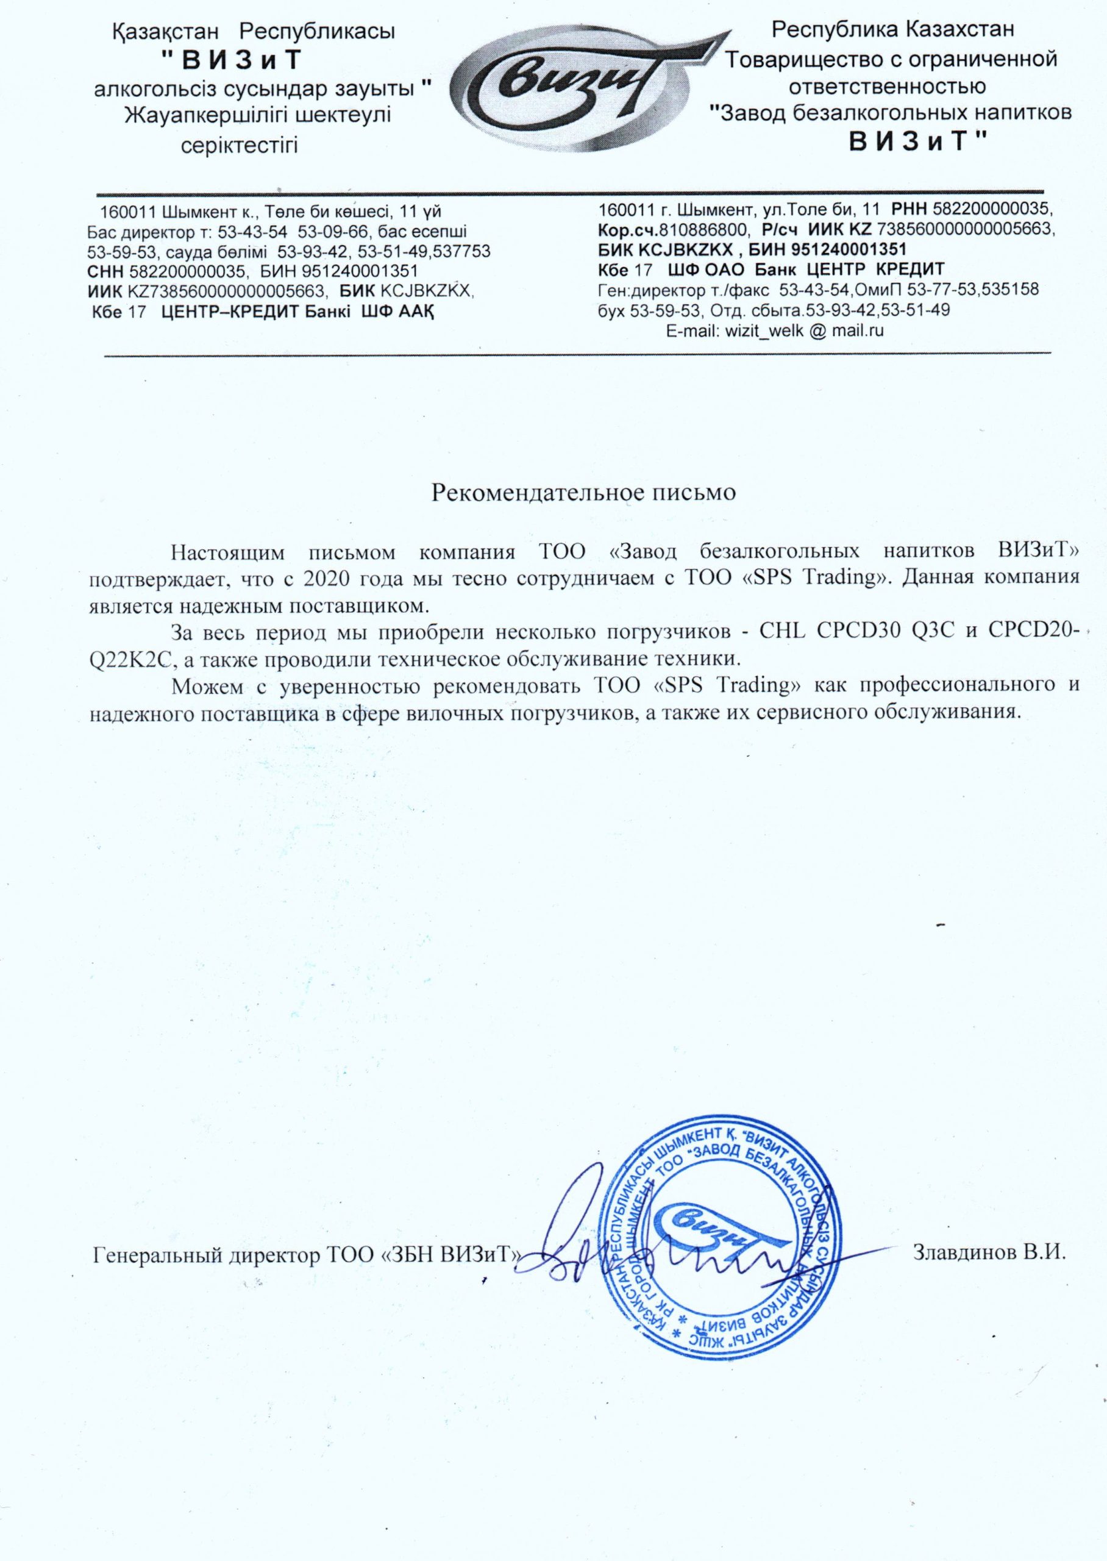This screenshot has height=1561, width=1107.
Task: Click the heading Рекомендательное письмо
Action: pyautogui.click(x=584, y=492)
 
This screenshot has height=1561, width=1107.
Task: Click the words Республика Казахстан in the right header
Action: pyautogui.click(x=892, y=30)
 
